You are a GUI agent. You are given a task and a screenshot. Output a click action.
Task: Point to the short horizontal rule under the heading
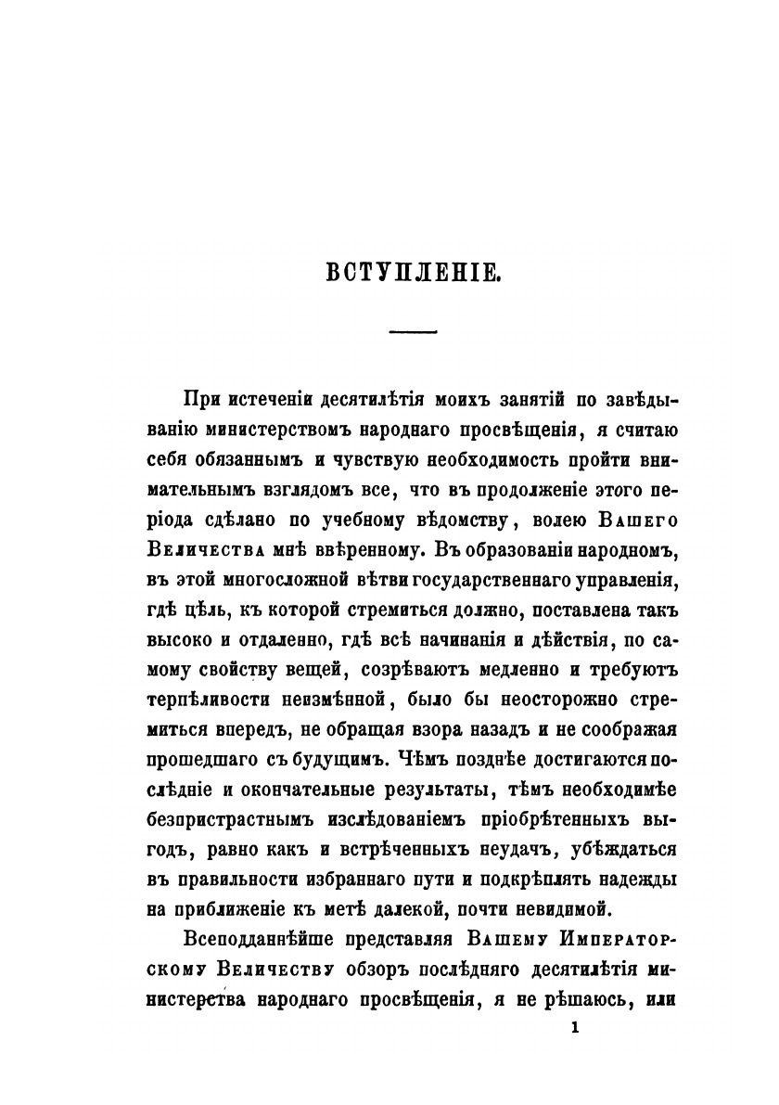[x=415, y=331]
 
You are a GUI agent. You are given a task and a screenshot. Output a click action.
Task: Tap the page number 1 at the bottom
[x=576, y=1027]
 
